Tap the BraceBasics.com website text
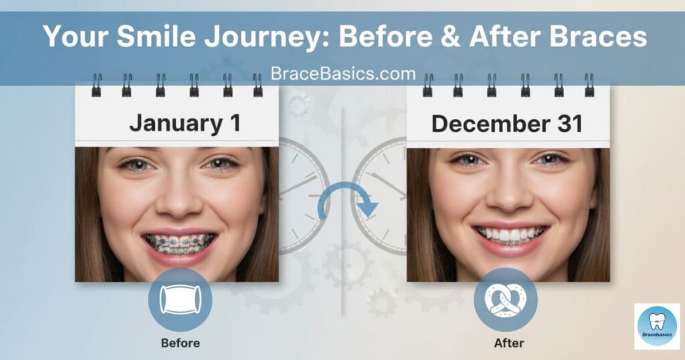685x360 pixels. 343,74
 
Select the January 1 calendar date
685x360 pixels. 185,123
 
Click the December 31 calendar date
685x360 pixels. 507,124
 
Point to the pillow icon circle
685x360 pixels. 180,300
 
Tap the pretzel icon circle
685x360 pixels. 506,300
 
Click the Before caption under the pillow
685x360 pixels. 181,343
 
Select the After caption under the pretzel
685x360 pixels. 509,343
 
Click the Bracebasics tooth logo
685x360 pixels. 657,327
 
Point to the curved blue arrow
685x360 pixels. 345,185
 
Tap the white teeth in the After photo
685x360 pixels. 510,235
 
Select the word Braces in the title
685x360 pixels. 597,36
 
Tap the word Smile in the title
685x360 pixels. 156,36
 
